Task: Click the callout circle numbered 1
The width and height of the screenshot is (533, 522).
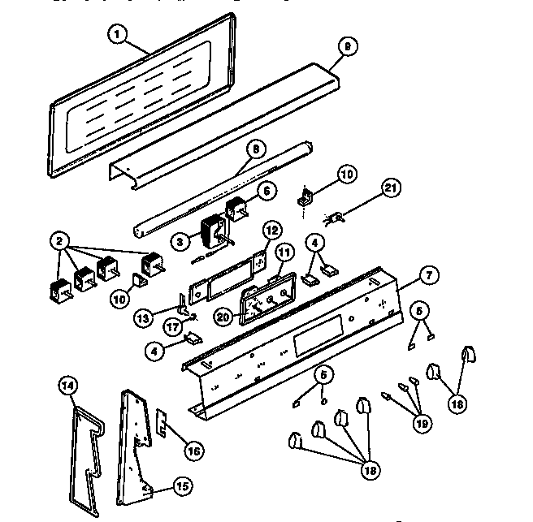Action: [119, 35]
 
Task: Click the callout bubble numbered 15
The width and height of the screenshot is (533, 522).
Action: [181, 486]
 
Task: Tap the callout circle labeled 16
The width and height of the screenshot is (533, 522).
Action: [193, 449]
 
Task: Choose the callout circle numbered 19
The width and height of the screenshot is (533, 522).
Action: [422, 421]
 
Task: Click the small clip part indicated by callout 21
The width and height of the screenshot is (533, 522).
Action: [334, 216]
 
